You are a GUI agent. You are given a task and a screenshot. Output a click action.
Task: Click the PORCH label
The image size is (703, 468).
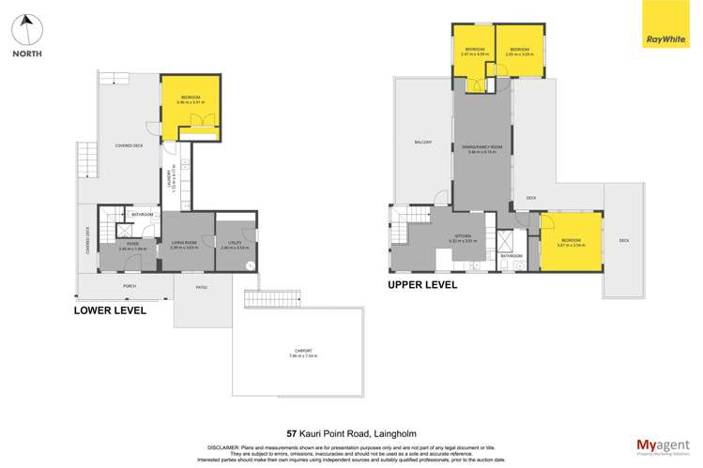(x=130, y=286)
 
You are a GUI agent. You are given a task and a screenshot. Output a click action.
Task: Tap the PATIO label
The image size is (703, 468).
(x=202, y=287)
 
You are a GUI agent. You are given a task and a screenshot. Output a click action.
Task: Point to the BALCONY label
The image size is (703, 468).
(x=422, y=142)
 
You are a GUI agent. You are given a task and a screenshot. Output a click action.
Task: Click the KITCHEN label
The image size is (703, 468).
(x=464, y=236)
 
